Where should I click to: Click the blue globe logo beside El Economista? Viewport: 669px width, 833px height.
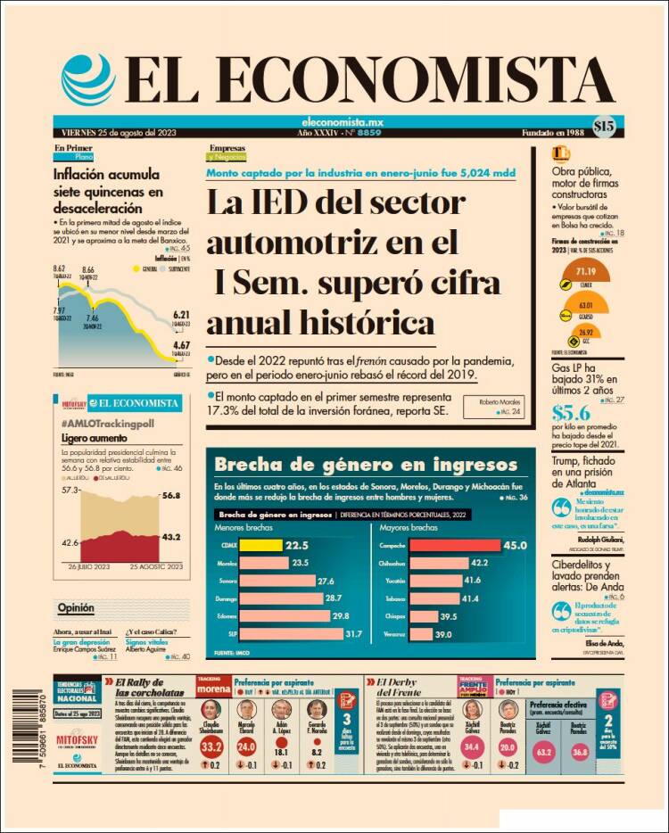click(88, 80)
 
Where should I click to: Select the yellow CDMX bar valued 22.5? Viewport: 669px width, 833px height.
click(259, 546)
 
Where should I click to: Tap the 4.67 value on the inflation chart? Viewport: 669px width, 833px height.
click(181, 345)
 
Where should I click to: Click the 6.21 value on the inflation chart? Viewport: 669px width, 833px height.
click(181, 315)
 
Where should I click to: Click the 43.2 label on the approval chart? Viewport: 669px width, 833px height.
click(172, 537)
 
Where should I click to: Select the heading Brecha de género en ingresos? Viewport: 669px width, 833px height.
click(366, 465)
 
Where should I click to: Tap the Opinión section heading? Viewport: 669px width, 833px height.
click(76, 608)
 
